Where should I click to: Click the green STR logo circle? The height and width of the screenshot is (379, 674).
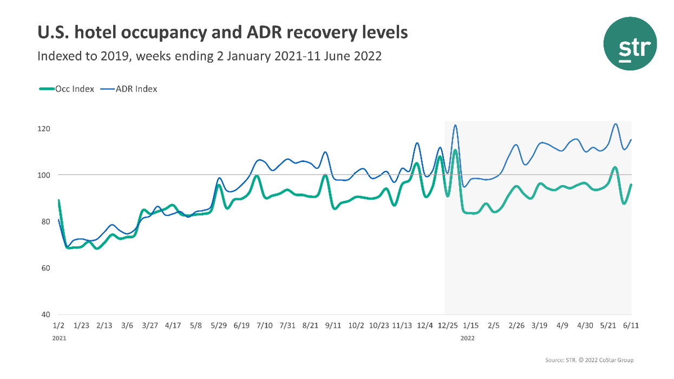coord(630,43)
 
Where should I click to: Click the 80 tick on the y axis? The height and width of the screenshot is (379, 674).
coord(45,221)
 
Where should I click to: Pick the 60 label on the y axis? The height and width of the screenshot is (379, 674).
coord(45,268)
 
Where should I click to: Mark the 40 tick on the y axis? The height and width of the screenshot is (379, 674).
coord(45,315)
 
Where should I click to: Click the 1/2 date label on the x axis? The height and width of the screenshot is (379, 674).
coord(58,325)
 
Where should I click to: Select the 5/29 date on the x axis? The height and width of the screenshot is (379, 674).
coord(219,325)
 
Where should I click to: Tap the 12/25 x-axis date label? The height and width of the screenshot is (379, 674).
coord(447,325)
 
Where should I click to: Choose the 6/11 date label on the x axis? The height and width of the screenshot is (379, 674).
coord(631,325)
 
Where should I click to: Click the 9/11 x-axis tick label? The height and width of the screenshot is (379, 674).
coord(333,325)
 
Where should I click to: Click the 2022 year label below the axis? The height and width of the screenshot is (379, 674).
coord(468,338)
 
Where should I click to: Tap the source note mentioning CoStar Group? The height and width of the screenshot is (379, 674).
coord(589,360)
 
